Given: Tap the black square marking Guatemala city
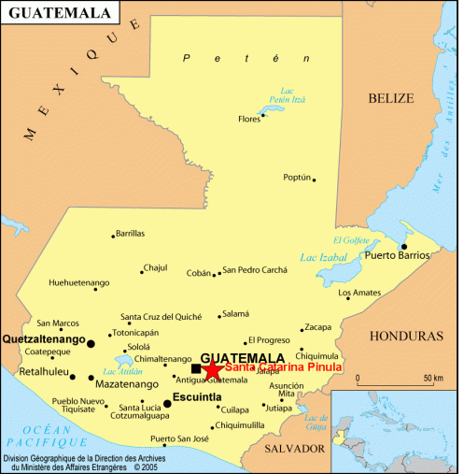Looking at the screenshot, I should pos(196,369).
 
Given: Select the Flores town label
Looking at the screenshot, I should pos(249,119).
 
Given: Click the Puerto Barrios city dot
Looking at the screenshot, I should pos(404,247).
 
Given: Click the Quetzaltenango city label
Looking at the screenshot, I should pos(44,338).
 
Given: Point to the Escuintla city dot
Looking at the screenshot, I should pos(167,404).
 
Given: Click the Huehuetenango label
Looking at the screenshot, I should pos(79,282).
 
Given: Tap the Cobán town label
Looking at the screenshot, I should pos(199,273).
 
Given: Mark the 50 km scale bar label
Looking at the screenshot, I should pos(431,378).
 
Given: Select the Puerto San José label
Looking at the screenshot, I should pos(179,438).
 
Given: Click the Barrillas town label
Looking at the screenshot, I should pos(130,234).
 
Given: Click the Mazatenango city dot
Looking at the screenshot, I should pos(91,378).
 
